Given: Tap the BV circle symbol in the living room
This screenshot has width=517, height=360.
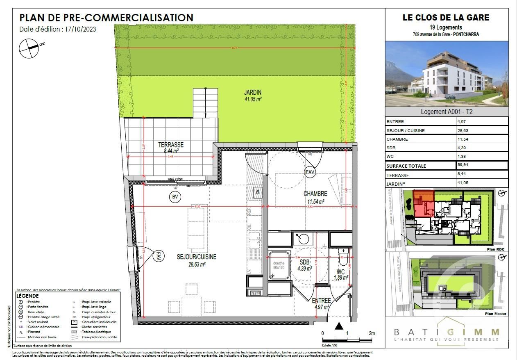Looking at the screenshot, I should tap(175, 197).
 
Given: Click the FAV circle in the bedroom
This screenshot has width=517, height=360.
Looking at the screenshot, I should tap(310, 172).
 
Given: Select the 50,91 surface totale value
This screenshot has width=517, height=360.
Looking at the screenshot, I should tap(464, 166).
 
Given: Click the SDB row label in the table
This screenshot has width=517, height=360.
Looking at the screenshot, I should tap(391, 148).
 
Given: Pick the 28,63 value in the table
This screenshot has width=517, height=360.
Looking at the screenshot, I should tap(464, 130).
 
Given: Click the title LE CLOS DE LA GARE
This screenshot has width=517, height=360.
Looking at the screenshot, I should tap(446, 18).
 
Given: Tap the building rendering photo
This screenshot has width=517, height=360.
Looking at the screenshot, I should tap(447, 74).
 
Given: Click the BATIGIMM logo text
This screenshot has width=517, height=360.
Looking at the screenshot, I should tap(447, 332).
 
